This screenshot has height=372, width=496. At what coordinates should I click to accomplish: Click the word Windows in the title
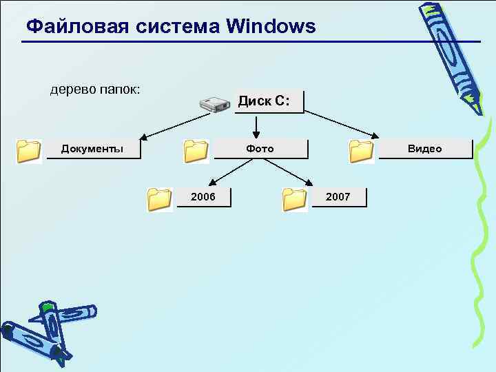coord(270,27)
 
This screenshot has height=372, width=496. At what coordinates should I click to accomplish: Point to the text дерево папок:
coord(95,90)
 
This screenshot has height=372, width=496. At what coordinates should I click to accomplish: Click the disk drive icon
coord(214,105)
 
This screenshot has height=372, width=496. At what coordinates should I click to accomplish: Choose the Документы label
coord(92,149)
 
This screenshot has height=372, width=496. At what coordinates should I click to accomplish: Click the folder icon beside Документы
coord(29,150)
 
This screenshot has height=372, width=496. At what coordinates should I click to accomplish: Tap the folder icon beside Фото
coord(196,150)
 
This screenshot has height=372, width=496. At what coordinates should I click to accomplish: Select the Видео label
coord(424,149)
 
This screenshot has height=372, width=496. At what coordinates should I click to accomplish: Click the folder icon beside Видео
coord(361,150)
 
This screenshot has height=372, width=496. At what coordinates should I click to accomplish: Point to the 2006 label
coord(203,197)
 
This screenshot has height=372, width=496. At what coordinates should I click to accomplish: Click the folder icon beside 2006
coord(159,198)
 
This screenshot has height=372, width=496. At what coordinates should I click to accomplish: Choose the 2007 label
coord(338,197)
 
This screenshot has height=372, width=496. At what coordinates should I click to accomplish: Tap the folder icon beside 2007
coord(295,198)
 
